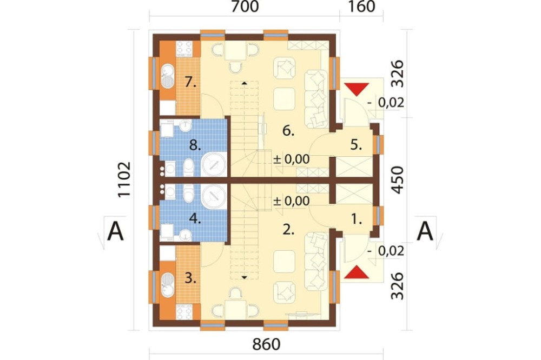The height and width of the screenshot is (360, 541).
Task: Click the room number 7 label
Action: coord(190,82)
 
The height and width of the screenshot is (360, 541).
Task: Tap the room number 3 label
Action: coord(190,278)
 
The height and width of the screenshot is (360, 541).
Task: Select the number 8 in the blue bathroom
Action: coord(195,145)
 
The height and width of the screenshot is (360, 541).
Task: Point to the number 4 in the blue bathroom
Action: coord(195,218)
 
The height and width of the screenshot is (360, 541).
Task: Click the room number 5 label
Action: coord(356,145)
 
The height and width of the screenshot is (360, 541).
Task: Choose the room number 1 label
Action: coord(356,218)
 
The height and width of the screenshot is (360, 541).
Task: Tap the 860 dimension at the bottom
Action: coord(266,344)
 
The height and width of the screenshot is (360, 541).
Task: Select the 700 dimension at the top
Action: coord(245,6)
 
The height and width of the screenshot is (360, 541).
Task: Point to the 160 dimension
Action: coord(361,6)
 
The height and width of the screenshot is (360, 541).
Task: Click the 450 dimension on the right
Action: coord(398,179)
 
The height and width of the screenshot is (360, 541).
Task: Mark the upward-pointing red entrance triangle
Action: coord(357,272)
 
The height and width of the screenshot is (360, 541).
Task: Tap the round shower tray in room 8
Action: coord(214,164)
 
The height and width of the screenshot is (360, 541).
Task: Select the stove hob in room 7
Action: coord(184,48)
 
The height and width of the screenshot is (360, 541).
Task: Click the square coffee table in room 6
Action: coord(285,98)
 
